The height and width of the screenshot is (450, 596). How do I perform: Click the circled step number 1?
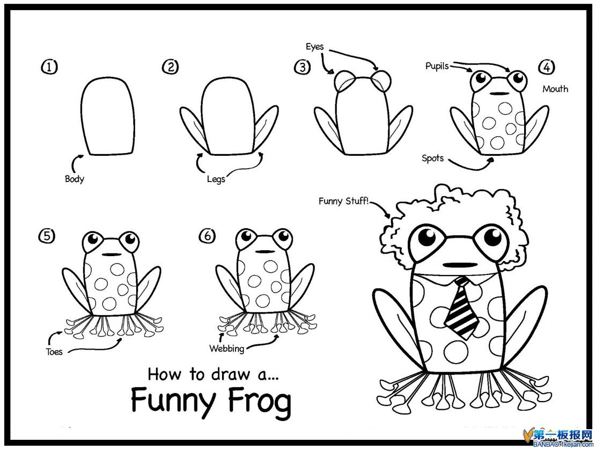[49, 67]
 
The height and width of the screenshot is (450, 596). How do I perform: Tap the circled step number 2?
[171, 67]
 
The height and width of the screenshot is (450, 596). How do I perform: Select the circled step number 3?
[302, 67]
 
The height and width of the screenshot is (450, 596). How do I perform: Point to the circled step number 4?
[546, 67]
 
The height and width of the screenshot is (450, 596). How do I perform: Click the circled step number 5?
[46, 236]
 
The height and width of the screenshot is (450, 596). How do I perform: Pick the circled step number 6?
[207, 236]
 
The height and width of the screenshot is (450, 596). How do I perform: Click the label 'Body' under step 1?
[75, 179]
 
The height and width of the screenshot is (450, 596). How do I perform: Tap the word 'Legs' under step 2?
[216, 178]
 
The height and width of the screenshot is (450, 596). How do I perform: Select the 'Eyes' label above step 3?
[315, 47]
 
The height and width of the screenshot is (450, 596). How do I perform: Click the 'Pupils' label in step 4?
[437, 66]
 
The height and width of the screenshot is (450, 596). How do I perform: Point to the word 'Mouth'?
[555, 89]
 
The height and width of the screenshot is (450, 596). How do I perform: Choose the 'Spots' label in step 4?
[432, 158]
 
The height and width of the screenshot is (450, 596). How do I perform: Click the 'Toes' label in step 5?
[54, 352]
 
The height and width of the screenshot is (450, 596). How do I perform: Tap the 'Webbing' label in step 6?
[226, 348]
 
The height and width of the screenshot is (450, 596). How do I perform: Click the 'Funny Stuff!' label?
[344, 201]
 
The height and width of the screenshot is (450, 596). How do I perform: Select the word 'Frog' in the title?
[259, 401]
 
